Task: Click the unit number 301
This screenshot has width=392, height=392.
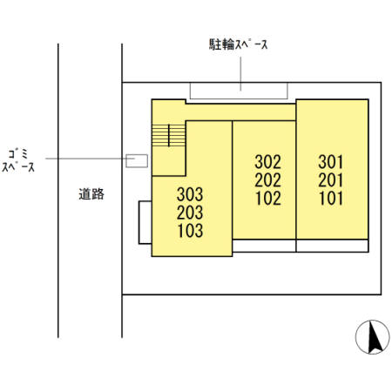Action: click(x=331, y=161)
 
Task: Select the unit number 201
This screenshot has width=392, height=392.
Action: click(x=331, y=179)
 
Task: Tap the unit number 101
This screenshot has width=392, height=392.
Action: click(x=331, y=198)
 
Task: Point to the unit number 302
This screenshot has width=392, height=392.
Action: click(x=268, y=161)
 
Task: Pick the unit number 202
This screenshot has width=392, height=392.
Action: click(x=268, y=179)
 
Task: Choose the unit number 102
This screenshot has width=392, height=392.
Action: click(x=268, y=198)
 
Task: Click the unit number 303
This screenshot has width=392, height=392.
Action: click(x=190, y=193)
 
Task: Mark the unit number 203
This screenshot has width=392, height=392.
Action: click(x=190, y=213)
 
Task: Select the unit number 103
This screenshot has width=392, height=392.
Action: click(x=190, y=231)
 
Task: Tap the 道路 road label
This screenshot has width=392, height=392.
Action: click(x=91, y=194)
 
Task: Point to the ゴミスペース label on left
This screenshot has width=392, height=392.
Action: click(x=18, y=159)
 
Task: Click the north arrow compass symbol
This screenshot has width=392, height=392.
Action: click(x=373, y=337)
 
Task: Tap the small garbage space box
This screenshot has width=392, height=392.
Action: click(x=137, y=159)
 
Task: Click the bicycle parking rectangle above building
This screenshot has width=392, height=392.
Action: click(x=239, y=91)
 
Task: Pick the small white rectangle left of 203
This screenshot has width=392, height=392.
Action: click(x=145, y=222)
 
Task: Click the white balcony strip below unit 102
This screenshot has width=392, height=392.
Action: click(x=264, y=246)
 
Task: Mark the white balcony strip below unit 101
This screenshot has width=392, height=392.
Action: click(x=332, y=246)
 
